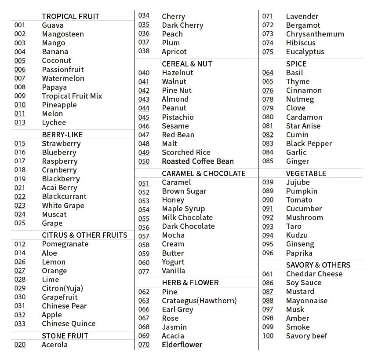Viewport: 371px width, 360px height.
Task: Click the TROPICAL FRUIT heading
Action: click(70, 16)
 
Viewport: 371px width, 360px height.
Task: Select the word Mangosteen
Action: click(62, 34)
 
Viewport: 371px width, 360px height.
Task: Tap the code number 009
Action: click(20, 96)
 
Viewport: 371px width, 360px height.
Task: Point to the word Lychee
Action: click(54, 122)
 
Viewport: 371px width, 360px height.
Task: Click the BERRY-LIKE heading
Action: click(62, 135)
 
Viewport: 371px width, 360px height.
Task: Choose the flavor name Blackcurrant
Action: click(64, 196)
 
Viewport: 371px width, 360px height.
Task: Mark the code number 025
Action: click(20, 223)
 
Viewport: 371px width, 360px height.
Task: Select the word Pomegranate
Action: click(65, 244)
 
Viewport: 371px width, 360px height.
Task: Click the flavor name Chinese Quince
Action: click(69, 323)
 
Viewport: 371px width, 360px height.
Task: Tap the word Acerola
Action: click(55, 345)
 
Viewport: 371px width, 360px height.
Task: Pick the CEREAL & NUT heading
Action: click(187, 64)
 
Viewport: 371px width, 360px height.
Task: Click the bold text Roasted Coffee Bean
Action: click(198, 161)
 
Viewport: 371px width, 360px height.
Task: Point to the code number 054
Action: click(144, 209)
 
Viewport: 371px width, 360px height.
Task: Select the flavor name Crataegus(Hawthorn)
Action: click(199, 301)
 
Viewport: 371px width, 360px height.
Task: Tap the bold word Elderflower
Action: click(182, 345)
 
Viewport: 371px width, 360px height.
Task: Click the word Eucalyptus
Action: click(305, 51)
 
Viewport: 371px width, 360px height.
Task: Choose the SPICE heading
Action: click(296, 64)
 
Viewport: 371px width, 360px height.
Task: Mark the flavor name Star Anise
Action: click(303, 126)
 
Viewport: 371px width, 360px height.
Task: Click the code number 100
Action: click(268, 336)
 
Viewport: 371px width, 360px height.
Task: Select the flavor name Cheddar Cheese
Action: click(314, 274)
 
